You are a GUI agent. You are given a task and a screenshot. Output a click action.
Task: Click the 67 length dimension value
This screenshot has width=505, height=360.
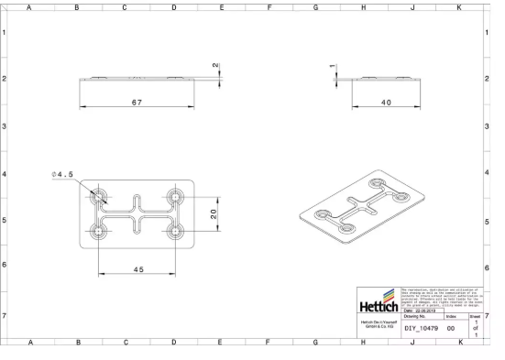tap(137, 104)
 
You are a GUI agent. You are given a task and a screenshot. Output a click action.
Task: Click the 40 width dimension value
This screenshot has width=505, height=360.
tap(388, 104)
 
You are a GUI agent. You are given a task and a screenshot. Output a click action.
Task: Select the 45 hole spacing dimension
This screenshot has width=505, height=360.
tap(137, 270)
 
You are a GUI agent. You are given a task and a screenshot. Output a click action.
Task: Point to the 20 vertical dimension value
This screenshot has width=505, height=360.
tap(213, 214)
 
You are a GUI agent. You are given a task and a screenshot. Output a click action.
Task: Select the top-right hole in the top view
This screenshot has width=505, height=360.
tap(175, 196)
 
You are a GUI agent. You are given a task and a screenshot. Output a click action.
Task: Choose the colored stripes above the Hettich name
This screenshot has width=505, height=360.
tap(390, 294)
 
